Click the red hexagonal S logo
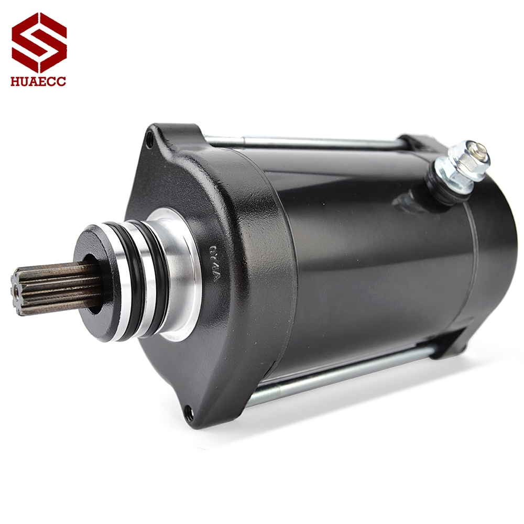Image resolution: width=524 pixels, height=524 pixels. (39, 42)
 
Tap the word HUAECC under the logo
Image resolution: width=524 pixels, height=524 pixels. (39, 82)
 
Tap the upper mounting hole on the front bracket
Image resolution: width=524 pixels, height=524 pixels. (150, 139)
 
